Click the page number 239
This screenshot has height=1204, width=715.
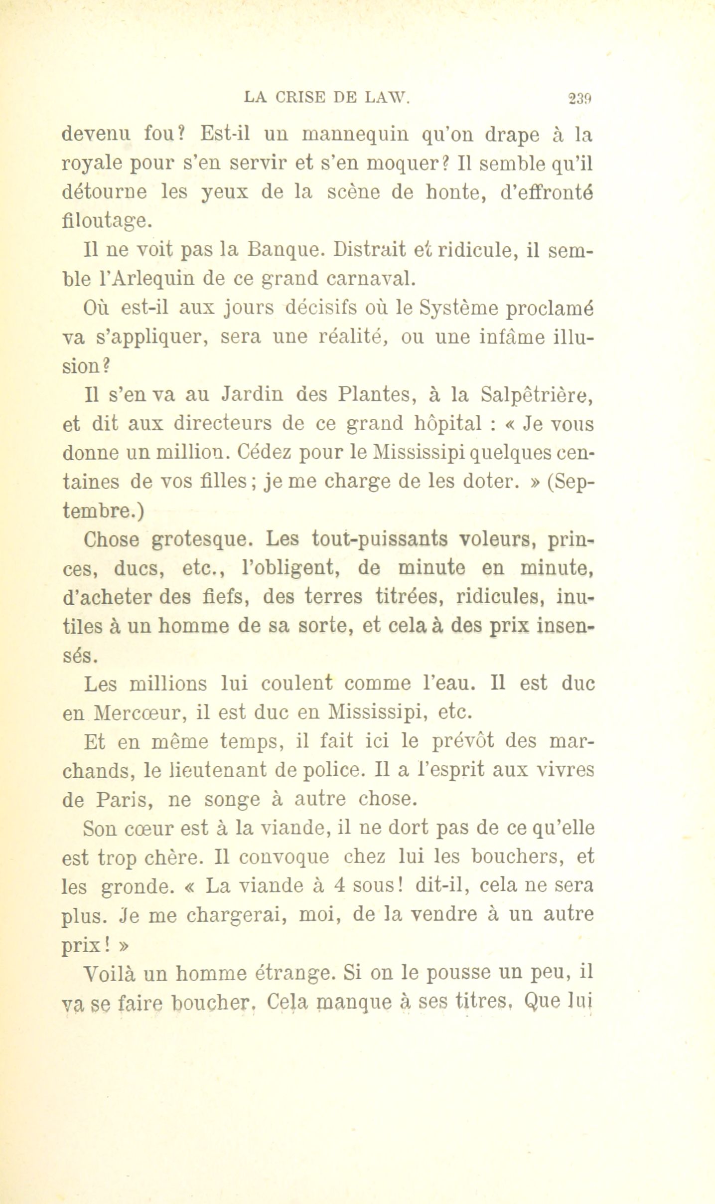pyautogui.click(x=580, y=98)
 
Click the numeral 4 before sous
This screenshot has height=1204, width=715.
pyautogui.click(x=340, y=886)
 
